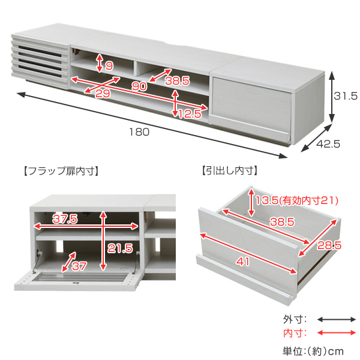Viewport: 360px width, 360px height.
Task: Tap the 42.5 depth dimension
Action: tap(329, 144)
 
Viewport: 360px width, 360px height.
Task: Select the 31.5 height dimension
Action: tap(346, 95)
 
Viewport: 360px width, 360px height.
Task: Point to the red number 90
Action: tap(139, 86)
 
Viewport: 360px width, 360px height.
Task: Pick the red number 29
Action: tap(103, 94)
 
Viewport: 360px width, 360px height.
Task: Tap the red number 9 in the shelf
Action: tap(109, 65)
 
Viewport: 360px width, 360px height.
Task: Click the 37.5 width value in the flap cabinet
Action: tap(64, 220)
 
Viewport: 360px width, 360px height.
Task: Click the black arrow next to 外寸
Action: tap(336, 320)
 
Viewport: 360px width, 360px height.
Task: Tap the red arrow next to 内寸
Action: tap(336, 333)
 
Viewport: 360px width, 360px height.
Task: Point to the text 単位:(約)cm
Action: tap(315, 350)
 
